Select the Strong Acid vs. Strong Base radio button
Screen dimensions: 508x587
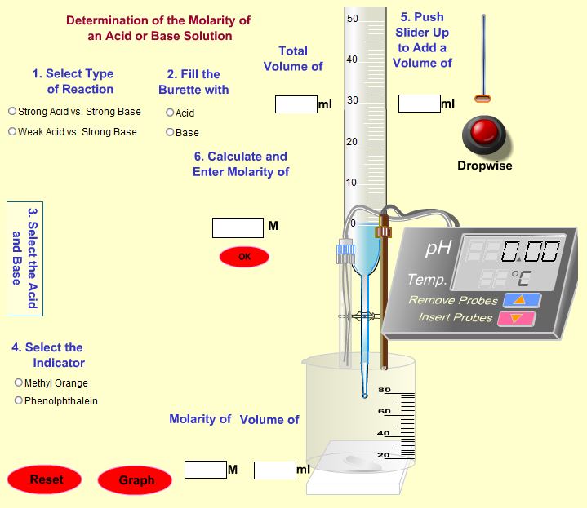pyautogui.click(x=12, y=112)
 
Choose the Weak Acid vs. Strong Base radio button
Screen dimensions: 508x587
pyautogui.click(x=12, y=132)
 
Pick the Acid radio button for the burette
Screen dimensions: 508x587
pyautogui.click(x=170, y=113)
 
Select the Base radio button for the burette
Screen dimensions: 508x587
pyautogui.click(x=170, y=133)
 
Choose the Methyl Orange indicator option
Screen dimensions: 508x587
pyautogui.click(x=19, y=383)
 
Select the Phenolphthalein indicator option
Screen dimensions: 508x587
pyautogui.click(x=19, y=401)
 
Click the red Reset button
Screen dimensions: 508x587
pyautogui.click(x=46, y=479)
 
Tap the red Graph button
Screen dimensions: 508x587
pyautogui.click(x=136, y=480)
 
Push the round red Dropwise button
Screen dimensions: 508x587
pyautogui.click(x=484, y=132)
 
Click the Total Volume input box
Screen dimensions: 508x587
pyautogui.click(x=296, y=104)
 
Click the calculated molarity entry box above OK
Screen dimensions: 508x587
pyautogui.click(x=238, y=228)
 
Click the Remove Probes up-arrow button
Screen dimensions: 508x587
pyautogui.click(x=522, y=300)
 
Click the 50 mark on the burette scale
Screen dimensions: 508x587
pyautogui.click(x=353, y=18)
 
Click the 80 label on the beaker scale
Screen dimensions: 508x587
pyautogui.click(x=384, y=390)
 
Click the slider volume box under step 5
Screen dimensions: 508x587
pyautogui.click(x=419, y=104)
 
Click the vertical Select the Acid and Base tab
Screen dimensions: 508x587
pyautogui.click(x=25, y=258)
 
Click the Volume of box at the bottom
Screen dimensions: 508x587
pyautogui.click(x=274, y=470)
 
